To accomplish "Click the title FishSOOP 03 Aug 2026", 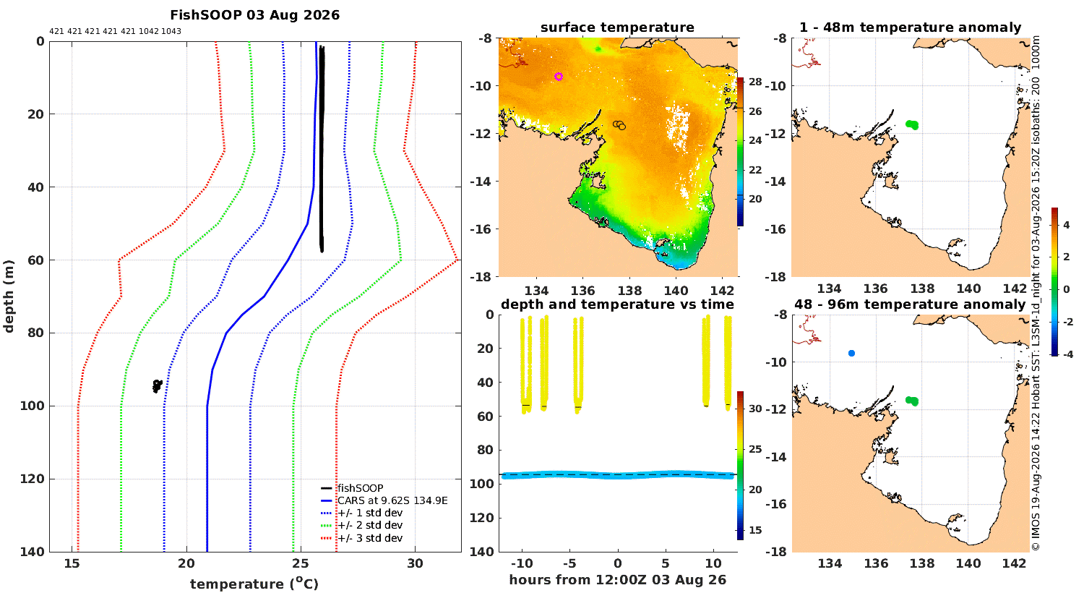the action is coord(254,15).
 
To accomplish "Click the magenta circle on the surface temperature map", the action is coord(559,77).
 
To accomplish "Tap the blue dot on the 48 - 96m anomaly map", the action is coord(852,354).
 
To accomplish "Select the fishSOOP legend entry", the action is coord(361,488).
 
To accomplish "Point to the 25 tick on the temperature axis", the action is coord(301,563).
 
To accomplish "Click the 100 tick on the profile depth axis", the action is coord(32,406).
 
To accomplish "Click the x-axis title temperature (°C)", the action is coord(254,584).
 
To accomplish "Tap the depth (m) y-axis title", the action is coord(8,296).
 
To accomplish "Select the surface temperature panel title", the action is coord(617,27).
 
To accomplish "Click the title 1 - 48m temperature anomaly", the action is coord(911,27).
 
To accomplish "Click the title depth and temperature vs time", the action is coord(617,304).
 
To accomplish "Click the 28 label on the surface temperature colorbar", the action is coord(755,82).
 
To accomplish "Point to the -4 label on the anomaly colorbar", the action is coord(1067,354).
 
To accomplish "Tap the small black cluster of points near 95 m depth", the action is coord(158,386).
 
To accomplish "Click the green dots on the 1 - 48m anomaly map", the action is coord(912,125).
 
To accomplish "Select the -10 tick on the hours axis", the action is coord(522,563).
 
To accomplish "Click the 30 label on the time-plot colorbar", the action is coord(755,409).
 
